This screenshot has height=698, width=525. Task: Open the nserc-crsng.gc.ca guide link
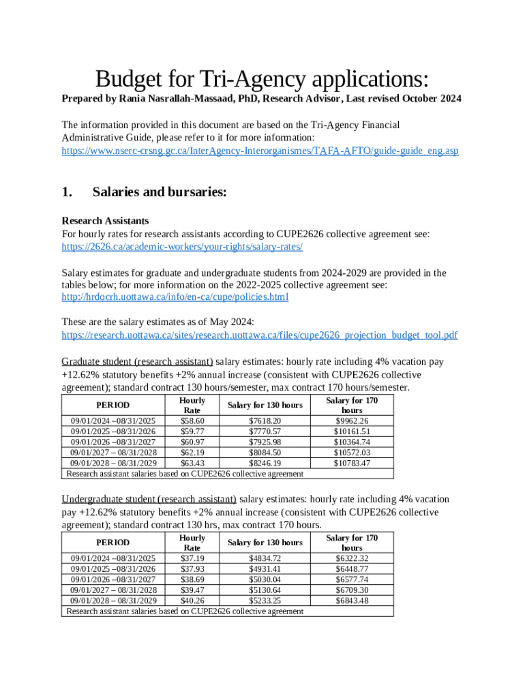point(260,150)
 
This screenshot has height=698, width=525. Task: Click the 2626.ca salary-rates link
point(182,246)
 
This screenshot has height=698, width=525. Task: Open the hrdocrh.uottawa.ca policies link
point(175,297)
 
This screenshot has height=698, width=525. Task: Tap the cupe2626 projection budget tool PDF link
point(259,335)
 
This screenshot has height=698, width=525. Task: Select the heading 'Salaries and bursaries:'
point(159,192)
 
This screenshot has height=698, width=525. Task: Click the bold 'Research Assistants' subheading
point(105,221)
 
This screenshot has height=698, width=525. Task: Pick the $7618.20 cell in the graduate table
point(265,421)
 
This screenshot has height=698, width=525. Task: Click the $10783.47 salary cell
point(352,464)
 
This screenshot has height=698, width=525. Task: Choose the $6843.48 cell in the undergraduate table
point(352,601)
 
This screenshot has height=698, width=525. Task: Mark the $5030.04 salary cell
point(265,579)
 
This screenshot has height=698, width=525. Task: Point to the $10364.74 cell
point(352,442)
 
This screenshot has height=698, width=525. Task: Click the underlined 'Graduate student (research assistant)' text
point(137,361)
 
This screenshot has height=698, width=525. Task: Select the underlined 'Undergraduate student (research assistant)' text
point(149,499)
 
